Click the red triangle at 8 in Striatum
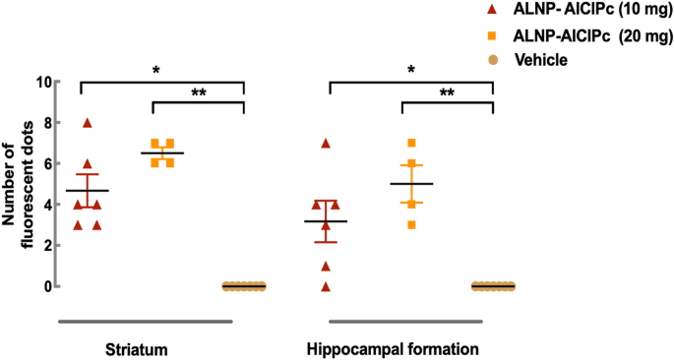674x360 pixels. tap(88, 123)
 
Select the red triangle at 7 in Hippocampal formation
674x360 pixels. tap(327, 144)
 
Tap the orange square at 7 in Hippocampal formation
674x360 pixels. tap(412, 144)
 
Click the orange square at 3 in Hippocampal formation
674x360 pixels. tap(412, 225)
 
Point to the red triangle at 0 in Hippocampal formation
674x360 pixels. tap(327, 286)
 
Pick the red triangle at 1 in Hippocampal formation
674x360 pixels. tap(327, 266)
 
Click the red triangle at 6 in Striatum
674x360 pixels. tap(88, 164)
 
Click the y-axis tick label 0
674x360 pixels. tap(44, 287)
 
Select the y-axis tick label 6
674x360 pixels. tap(44, 164)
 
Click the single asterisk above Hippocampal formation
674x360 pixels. tap(410, 71)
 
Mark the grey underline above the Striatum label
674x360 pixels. tap(144, 321)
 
